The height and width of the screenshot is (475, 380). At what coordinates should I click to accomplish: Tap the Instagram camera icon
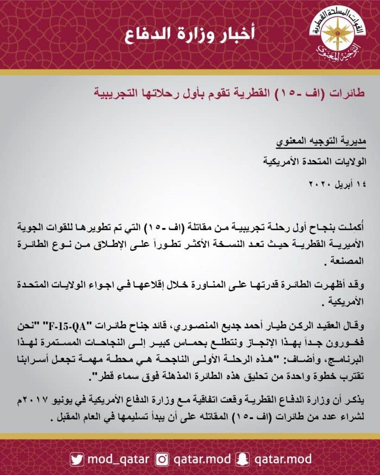[162, 459]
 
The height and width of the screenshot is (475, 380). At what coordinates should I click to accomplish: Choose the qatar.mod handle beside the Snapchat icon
[284, 459]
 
